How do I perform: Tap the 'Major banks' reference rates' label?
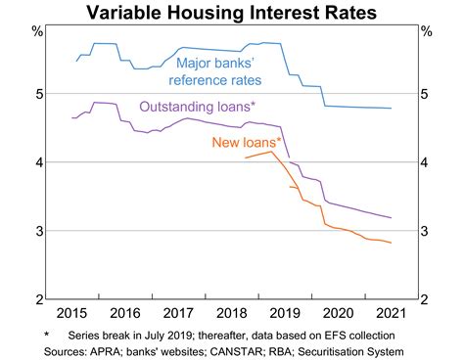(x=233, y=69)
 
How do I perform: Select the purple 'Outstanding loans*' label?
(x=199, y=105)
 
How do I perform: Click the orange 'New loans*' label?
(x=245, y=143)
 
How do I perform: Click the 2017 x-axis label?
(x=179, y=314)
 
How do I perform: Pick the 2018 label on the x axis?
(x=232, y=314)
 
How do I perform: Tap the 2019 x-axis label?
(x=285, y=314)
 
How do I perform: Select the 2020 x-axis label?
(x=338, y=314)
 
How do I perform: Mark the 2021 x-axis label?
(x=391, y=314)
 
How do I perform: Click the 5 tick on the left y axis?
(x=38, y=95)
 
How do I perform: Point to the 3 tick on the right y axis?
(x=426, y=232)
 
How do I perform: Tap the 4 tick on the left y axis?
(x=38, y=163)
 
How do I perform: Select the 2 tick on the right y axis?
(x=426, y=299)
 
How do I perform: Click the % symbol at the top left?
(x=38, y=32)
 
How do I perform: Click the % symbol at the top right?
(x=426, y=32)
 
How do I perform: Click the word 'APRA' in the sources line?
(x=110, y=351)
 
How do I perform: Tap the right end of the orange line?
(x=392, y=243)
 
